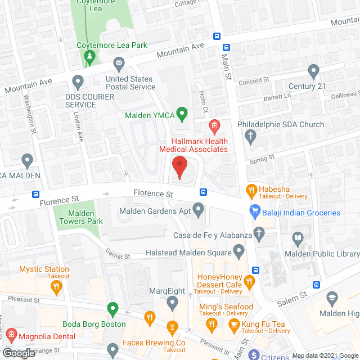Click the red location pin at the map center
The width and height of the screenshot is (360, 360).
click(x=179, y=167)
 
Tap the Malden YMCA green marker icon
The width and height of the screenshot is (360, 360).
click(x=181, y=115)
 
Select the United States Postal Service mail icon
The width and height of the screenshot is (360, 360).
click(x=119, y=62)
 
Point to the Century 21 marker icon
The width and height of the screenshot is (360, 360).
click(x=314, y=71)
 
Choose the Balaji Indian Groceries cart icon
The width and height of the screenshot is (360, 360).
click(x=255, y=212)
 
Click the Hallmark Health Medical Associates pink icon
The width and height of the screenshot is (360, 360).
click(x=214, y=125)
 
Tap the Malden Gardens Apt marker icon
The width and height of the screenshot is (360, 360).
click(x=198, y=211)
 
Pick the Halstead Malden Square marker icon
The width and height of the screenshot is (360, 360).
click(x=239, y=249)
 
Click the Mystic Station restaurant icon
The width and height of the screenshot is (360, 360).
click(x=56, y=287)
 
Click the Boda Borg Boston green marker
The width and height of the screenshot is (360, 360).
click(x=112, y=308)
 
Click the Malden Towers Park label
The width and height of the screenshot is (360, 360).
click(x=80, y=217)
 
